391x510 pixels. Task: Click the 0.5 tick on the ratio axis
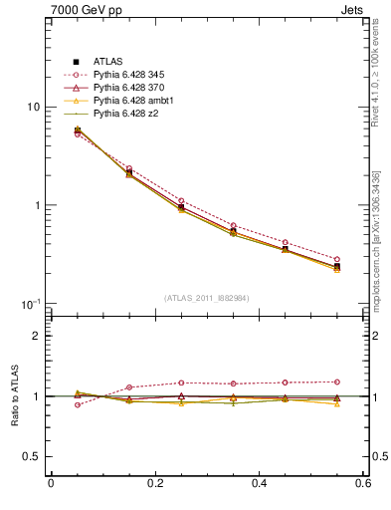coord(34,457)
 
